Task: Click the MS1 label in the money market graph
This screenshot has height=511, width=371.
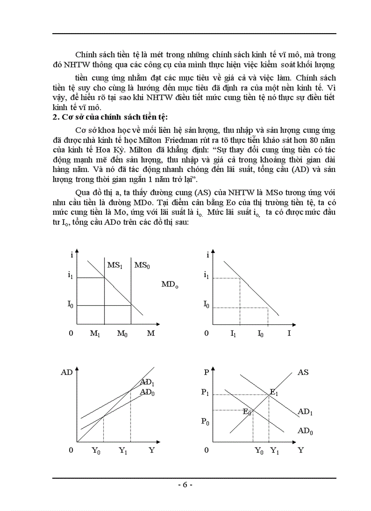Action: [115, 265]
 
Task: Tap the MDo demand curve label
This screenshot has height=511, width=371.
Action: [170, 285]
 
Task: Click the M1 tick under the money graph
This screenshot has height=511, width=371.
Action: [95, 334]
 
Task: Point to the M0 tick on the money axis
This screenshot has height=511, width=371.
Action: [122, 334]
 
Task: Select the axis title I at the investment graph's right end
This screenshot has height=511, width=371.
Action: [289, 334]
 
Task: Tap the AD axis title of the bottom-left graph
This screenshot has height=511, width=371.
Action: [66, 372]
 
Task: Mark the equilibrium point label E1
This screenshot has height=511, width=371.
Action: [274, 392]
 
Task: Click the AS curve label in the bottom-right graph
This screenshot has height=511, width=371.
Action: [303, 372]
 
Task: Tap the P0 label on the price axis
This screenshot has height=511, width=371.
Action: [205, 421]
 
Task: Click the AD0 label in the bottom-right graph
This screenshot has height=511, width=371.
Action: [305, 430]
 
